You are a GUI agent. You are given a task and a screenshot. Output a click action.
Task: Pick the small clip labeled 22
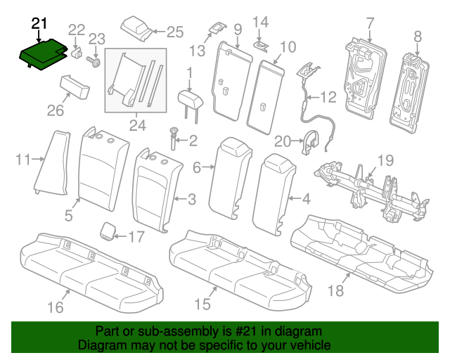pos(77,52)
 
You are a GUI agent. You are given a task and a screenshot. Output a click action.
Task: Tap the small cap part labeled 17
pos(108,230)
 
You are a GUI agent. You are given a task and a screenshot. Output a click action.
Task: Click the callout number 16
pos(56,307)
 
